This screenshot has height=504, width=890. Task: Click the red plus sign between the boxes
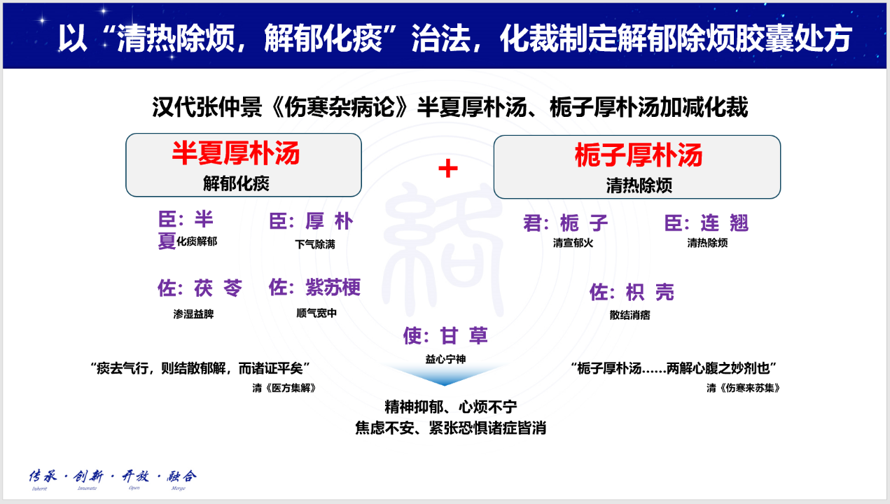[447, 169]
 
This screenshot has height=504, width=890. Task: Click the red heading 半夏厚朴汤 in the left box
[236, 153]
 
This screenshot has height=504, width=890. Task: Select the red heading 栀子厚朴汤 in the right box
[638, 155]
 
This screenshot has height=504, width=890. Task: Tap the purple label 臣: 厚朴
[312, 223]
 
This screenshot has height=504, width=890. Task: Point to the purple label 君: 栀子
[566, 223]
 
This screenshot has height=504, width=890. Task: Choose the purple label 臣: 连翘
[707, 223]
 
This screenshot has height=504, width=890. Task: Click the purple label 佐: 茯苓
[200, 288]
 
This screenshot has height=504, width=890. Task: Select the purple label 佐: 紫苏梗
[314, 287]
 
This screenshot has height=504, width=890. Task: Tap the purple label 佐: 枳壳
[632, 292]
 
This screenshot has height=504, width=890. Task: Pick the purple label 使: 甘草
[445, 336]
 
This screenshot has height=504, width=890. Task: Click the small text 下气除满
[315, 244]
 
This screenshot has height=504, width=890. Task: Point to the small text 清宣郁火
[573, 244]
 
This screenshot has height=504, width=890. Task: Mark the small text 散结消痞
[630, 315]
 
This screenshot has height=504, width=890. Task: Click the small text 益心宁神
[445, 359]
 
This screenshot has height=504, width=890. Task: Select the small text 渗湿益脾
[193, 314]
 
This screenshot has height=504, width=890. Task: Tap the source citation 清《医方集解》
[284, 387]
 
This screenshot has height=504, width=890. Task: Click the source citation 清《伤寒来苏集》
[743, 387]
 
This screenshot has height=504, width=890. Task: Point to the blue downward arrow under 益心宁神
[445, 376]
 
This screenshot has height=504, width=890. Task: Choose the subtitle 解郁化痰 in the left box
[236, 183]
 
